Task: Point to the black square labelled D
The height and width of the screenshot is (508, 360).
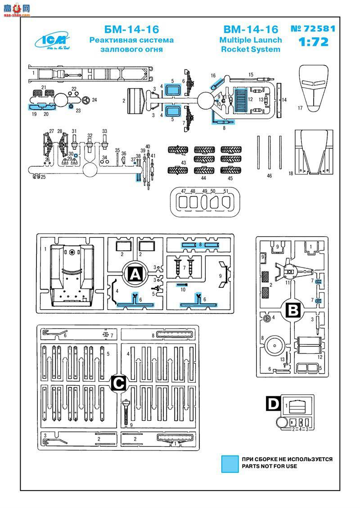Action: click(x=273, y=404)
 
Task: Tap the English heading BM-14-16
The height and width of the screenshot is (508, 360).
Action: click(x=251, y=30)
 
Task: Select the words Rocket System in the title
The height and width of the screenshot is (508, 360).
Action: click(x=251, y=49)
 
